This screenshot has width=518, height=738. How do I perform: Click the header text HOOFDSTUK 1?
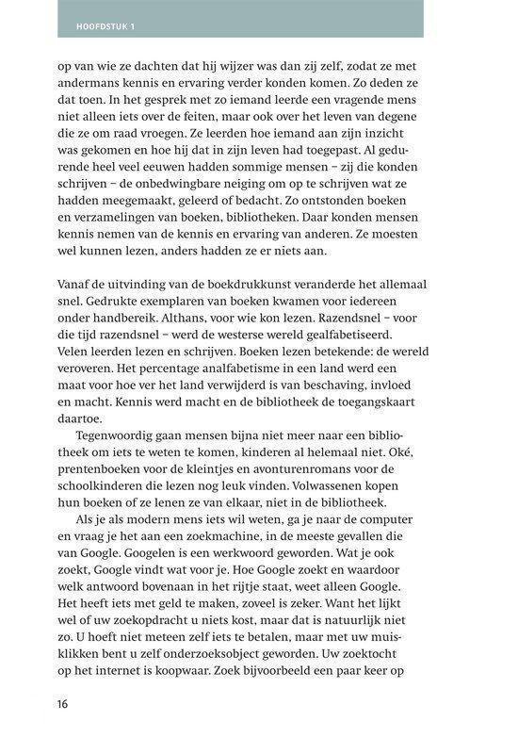coord(105,25)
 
